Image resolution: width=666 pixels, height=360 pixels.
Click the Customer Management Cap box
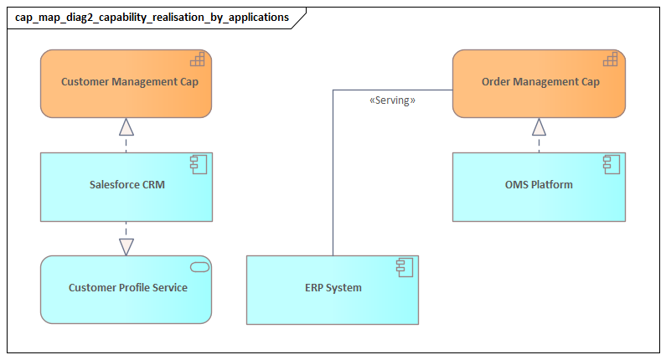coord(126,83)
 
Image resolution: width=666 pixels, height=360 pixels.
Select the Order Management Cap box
coord(539,83)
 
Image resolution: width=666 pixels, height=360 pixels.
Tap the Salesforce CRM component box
coord(126,186)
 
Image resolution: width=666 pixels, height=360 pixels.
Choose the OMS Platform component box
coord(539,186)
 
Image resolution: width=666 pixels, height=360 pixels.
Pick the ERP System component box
coord(333,290)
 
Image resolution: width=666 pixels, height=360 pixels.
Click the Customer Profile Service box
coord(126,290)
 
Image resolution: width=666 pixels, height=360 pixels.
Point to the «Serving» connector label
coord(392,100)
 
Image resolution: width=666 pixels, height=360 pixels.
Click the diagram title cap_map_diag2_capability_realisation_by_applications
coord(152,17)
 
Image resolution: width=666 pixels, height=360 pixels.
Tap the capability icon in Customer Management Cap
coord(197,59)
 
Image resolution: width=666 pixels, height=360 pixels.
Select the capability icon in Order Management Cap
coord(610,59)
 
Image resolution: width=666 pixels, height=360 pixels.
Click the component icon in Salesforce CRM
coord(198,163)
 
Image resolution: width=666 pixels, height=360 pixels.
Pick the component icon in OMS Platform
coord(611,163)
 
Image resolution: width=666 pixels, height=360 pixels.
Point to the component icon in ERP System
coord(404,266)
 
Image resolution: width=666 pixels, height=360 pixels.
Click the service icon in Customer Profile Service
coord(199,266)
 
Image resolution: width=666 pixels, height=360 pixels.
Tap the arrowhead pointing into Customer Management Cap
coord(126,126)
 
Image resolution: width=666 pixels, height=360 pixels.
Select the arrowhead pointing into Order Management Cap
coord(539,126)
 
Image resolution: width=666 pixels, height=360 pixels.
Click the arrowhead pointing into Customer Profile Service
coord(126,246)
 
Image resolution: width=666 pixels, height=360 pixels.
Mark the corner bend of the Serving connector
coord(333,90)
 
